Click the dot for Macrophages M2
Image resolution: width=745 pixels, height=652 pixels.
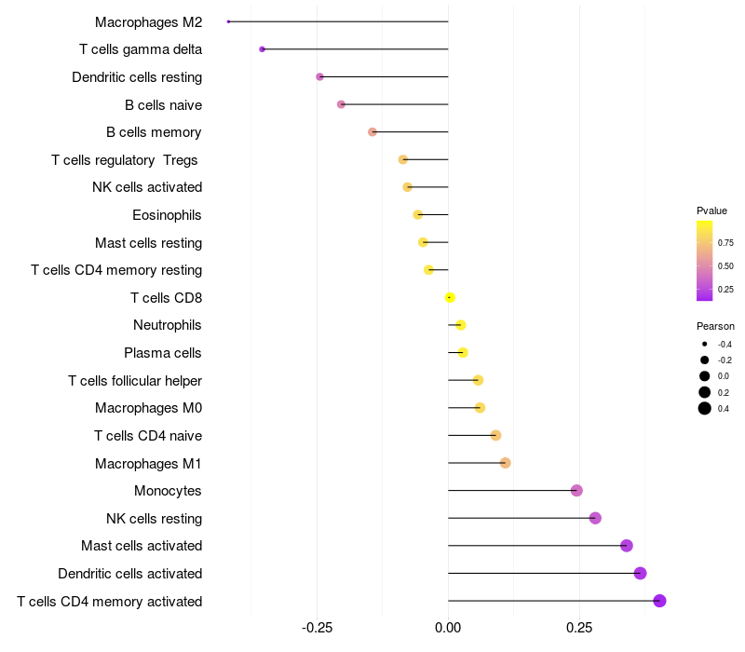[x=228, y=21]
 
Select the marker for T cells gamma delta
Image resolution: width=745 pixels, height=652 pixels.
[x=263, y=49]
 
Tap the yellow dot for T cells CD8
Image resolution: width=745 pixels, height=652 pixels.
[x=450, y=297]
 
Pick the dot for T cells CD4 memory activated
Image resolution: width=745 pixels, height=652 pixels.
[x=660, y=601]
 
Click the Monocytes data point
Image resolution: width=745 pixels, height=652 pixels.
[x=576, y=491]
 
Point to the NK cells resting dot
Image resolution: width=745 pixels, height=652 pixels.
[x=595, y=518]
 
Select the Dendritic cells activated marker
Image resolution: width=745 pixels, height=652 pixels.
[x=640, y=573]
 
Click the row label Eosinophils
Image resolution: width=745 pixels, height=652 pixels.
[x=167, y=215]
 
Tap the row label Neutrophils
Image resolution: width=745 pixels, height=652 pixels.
[x=168, y=325]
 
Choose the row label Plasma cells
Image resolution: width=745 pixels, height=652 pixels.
[x=163, y=353]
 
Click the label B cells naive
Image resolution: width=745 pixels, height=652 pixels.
[x=163, y=104]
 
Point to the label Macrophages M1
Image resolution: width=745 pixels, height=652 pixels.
[x=148, y=463]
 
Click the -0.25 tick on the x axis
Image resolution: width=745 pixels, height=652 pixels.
[x=317, y=627]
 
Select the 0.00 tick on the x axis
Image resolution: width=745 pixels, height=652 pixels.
[x=448, y=627]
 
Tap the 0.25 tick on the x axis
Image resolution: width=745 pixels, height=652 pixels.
[x=579, y=627]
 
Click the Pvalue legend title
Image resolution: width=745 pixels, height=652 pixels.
[x=711, y=211]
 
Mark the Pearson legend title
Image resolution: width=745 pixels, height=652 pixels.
[x=715, y=326]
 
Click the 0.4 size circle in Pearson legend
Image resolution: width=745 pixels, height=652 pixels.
[x=705, y=408]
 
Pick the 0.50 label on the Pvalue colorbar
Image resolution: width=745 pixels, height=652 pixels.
[x=725, y=266]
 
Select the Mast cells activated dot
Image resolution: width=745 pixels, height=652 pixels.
[x=627, y=546]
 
